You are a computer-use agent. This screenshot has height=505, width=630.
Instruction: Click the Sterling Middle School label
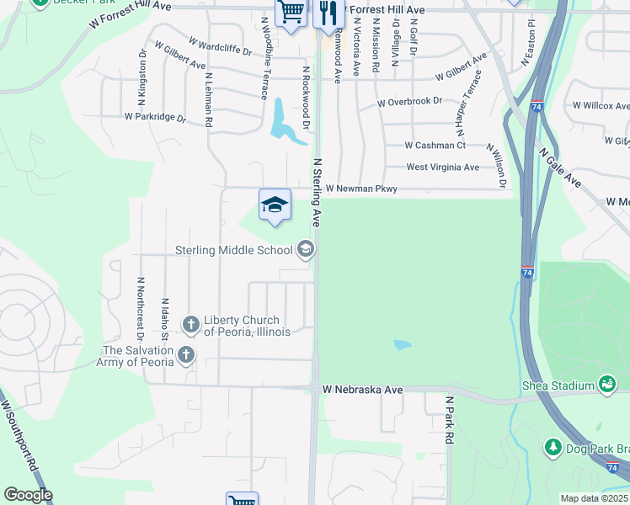coord(234,249)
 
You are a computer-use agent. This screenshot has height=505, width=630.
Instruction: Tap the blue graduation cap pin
coord(275,205)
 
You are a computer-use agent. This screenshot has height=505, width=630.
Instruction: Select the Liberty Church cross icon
coord(191,323)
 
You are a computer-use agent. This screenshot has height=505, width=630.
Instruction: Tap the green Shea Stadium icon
coord(606,385)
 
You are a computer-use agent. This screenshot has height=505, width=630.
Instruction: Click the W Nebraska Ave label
coord(363,391)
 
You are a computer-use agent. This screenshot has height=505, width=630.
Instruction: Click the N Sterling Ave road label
coord(318,193)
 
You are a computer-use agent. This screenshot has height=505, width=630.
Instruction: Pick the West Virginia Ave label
coord(443,167)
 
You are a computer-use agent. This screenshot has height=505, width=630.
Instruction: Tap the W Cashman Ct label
coord(435,146)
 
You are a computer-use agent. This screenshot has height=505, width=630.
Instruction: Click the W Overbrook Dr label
coord(409,102)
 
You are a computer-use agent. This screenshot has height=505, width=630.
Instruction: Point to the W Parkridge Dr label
coord(155,117)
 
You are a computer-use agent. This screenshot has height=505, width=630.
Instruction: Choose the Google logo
coord(28,495)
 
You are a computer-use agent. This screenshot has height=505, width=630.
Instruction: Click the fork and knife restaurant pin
coord(326,13)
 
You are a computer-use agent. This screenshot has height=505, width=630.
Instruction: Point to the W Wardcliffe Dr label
coord(220,45)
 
